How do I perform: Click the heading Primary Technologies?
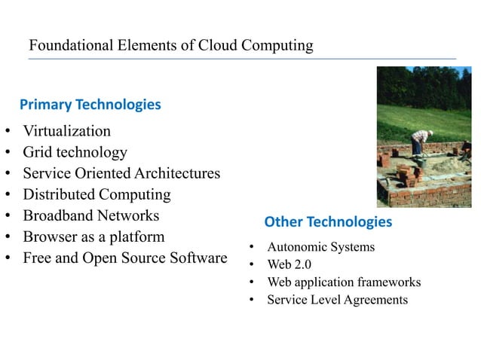[x=90, y=104]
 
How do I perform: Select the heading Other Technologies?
[x=328, y=221]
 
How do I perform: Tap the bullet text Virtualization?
[x=66, y=131]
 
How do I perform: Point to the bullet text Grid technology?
[x=75, y=152]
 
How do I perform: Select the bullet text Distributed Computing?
[x=97, y=194]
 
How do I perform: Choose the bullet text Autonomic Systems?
[x=320, y=246]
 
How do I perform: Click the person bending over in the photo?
[x=419, y=147]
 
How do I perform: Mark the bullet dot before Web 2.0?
[x=251, y=265]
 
